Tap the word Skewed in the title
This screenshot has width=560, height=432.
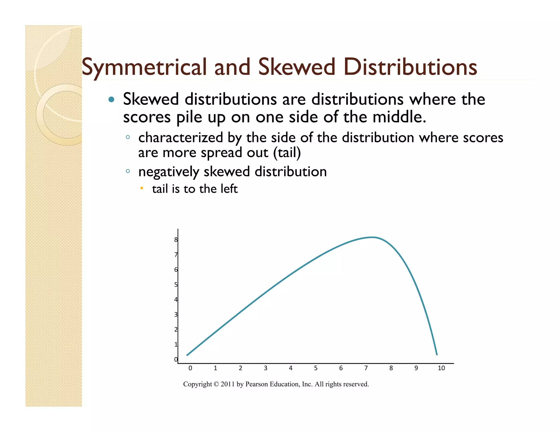[x=296, y=67]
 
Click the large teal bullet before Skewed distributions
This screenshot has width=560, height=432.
[x=111, y=99]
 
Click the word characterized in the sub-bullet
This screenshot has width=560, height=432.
[x=180, y=137]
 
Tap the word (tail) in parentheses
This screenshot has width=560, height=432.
[x=287, y=153]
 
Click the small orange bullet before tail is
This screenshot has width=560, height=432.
[x=141, y=188]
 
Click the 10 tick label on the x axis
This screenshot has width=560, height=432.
[x=441, y=368]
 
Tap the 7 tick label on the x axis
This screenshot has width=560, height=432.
[x=366, y=368]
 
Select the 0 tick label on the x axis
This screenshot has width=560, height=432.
[x=190, y=368]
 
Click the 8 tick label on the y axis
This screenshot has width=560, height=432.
[x=176, y=240]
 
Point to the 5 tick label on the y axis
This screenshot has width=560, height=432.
[x=176, y=285]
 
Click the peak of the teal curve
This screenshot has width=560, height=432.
[x=372, y=237]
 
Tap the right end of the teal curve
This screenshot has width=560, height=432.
[x=437, y=354]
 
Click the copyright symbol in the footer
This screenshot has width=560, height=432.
[x=216, y=384]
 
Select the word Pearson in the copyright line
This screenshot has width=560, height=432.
[x=256, y=384]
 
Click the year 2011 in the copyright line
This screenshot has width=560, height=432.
[x=227, y=384]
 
